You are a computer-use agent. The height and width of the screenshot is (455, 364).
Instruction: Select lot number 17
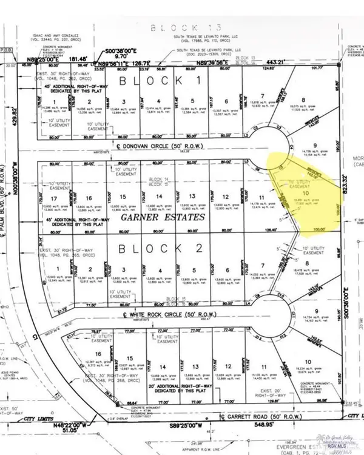click(54, 198)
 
